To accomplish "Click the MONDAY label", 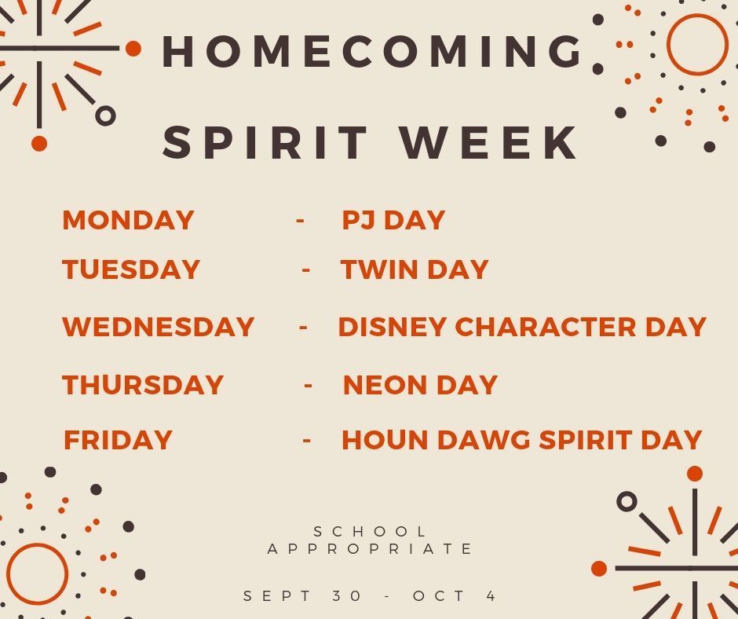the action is click(x=128, y=220).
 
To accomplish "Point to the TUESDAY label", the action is click(x=131, y=269).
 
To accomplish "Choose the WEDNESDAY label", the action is click(x=158, y=327).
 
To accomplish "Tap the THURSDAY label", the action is click(x=143, y=385).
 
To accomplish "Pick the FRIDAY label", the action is click(x=118, y=440).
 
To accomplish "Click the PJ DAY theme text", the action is click(x=393, y=220).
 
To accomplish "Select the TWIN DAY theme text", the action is click(x=415, y=269).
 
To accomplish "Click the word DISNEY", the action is click(x=392, y=327).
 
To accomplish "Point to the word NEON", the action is click(x=385, y=385).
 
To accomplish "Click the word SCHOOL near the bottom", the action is click(x=370, y=532).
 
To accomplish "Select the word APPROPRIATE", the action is click(x=370, y=549).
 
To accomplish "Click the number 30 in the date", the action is click(x=346, y=596).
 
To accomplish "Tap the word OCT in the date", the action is click(x=439, y=596).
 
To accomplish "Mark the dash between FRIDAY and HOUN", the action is click(x=307, y=441).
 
